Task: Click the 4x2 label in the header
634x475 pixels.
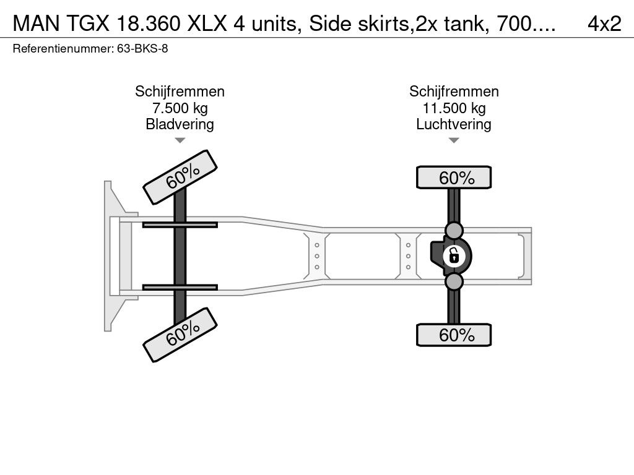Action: tap(604, 24)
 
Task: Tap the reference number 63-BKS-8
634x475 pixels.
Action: tap(142, 49)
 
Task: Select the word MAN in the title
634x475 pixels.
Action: tap(37, 24)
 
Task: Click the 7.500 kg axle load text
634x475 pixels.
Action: tap(180, 108)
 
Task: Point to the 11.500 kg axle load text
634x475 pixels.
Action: tap(454, 108)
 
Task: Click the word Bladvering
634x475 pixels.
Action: tap(180, 124)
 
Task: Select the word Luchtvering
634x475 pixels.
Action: tap(454, 124)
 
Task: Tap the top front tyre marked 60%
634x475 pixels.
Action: tap(180, 178)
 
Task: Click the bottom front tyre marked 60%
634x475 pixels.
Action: tap(180, 335)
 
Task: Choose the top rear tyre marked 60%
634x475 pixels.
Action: tap(454, 178)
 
